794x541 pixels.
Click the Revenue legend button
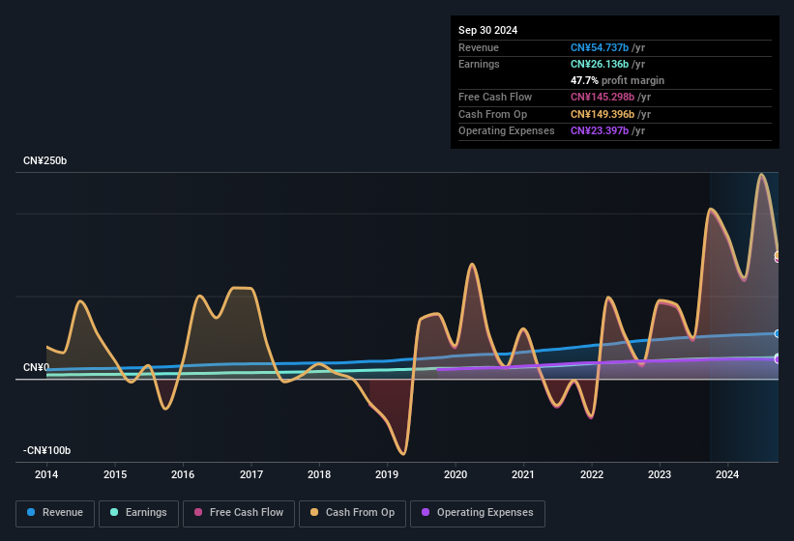55,513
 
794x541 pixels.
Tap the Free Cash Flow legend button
239,513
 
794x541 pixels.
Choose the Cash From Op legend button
353,513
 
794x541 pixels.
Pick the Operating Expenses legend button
478,513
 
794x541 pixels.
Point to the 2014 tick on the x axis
46,474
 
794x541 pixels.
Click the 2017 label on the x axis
251,474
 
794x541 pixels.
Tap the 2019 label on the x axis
387,474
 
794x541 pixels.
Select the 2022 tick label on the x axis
592,474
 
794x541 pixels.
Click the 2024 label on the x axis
727,474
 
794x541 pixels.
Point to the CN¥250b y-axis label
45,160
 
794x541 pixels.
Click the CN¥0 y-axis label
36,368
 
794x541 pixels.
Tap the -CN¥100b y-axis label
47,451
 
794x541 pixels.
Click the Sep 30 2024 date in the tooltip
487,30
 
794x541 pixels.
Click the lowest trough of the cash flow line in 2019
402,454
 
